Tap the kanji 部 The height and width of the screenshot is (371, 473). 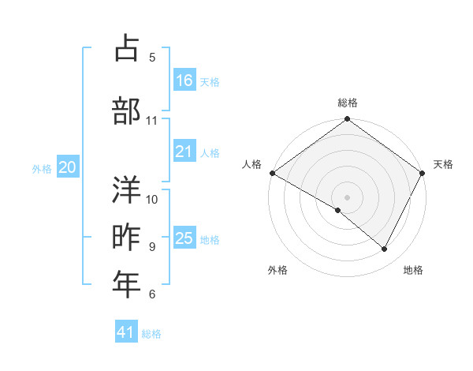click(x=127, y=111)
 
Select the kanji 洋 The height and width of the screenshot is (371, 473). click(x=127, y=190)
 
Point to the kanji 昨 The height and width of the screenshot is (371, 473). click(x=127, y=238)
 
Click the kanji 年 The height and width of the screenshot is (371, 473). click(x=127, y=285)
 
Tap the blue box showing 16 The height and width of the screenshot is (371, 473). click(x=184, y=81)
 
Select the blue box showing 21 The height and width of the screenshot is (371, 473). click(x=184, y=152)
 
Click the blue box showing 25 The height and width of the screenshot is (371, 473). click(x=184, y=238)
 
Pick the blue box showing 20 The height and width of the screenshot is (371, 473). click(x=68, y=167)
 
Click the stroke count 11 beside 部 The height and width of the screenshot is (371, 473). click(x=152, y=121)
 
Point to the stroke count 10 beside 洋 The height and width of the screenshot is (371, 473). click(x=152, y=199)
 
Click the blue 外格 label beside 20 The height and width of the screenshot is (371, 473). click(x=42, y=168)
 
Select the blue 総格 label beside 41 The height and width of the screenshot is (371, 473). click(x=151, y=334)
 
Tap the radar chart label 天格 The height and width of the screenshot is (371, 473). click(x=444, y=164)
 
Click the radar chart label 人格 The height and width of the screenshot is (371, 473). click(x=251, y=164)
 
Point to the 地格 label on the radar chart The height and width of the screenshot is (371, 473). click(x=413, y=271)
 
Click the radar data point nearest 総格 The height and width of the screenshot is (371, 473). click(x=347, y=120)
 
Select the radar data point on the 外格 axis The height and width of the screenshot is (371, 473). click(x=338, y=210)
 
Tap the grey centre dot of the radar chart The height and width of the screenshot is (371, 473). click(x=347, y=197)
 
